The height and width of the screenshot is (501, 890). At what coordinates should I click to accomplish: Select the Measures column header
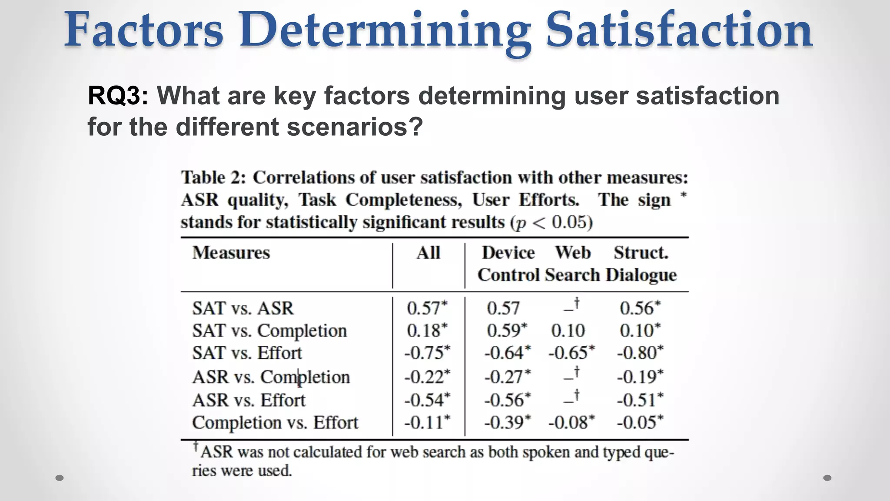click(x=231, y=253)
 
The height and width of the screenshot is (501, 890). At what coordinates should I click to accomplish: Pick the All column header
click(x=428, y=253)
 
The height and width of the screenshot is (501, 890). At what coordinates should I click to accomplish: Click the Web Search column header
click(x=573, y=264)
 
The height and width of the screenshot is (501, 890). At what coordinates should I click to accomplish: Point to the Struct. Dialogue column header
click(x=641, y=264)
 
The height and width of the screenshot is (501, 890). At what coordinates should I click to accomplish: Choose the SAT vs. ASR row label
click(x=243, y=308)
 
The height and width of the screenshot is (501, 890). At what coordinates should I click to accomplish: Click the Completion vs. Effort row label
click(x=275, y=423)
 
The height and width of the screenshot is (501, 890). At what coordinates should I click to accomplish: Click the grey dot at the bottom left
click(x=60, y=478)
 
